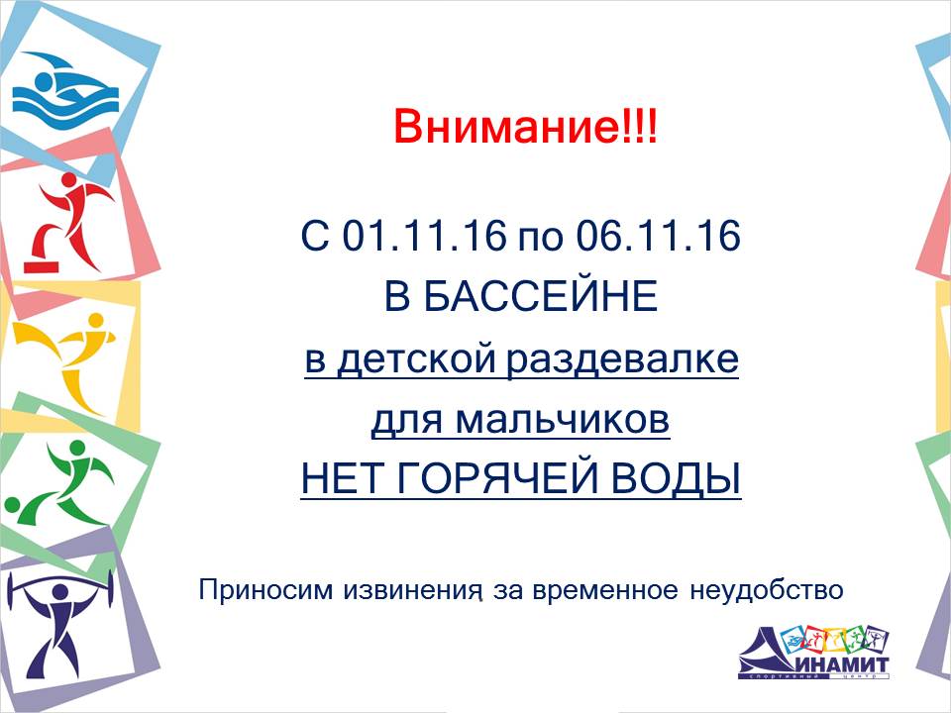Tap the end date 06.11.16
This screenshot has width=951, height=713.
point(658,236)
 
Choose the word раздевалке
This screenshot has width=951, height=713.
point(622,359)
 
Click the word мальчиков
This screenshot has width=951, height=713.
point(563,420)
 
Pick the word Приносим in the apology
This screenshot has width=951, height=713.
point(266,589)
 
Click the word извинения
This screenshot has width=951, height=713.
point(414,590)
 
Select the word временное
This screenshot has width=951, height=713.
point(604,590)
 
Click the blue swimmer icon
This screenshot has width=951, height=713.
point(65,88)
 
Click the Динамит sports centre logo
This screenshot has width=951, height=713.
point(814,652)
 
